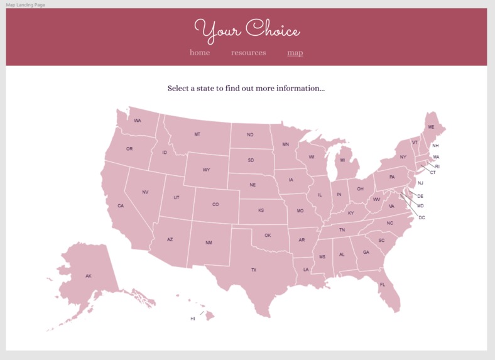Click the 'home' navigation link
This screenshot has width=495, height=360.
(x=200, y=53)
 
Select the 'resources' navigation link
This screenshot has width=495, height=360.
(x=248, y=53)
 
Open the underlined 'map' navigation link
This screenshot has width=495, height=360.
(x=295, y=53)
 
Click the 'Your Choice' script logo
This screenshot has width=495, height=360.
(x=247, y=30)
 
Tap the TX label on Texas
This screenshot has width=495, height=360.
(x=254, y=270)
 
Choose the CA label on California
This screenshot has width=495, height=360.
(x=121, y=206)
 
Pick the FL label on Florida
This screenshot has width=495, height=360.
(x=382, y=285)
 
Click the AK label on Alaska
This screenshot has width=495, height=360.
(x=89, y=276)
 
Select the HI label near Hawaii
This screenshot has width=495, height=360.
(x=193, y=319)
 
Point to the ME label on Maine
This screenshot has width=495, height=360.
(x=431, y=127)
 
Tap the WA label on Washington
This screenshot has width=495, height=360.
(x=137, y=121)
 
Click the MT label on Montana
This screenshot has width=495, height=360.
(x=197, y=134)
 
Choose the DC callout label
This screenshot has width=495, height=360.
(x=422, y=217)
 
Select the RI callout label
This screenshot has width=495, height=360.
(x=437, y=166)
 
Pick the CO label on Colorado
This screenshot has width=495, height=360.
(x=215, y=205)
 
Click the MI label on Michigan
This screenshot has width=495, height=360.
(x=342, y=160)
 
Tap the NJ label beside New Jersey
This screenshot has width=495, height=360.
(x=420, y=183)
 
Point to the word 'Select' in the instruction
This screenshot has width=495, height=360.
(x=178, y=89)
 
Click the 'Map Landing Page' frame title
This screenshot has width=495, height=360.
(x=25, y=4)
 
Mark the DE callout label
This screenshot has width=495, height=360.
(x=420, y=197)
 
